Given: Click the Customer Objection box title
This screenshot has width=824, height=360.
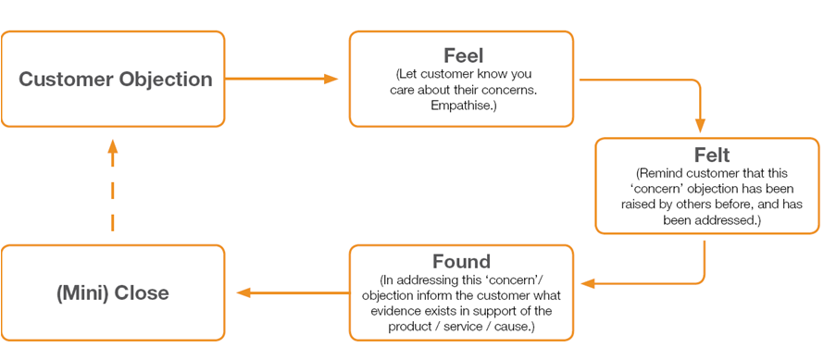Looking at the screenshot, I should pyautogui.click(x=115, y=80).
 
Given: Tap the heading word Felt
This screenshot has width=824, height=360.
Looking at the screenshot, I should pyautogui.click(x=706, y=155).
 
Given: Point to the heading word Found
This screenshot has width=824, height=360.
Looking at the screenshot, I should pyautogui.click(x=461, y=261).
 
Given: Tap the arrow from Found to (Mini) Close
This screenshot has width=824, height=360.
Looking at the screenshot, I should pyautogui.click(x=292, y=293).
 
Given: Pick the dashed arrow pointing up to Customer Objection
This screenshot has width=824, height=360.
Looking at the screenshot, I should pyautogui.click(x=112, y=190).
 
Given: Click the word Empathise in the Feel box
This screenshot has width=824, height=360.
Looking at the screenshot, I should pyautogui.click(x=460, y=105).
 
